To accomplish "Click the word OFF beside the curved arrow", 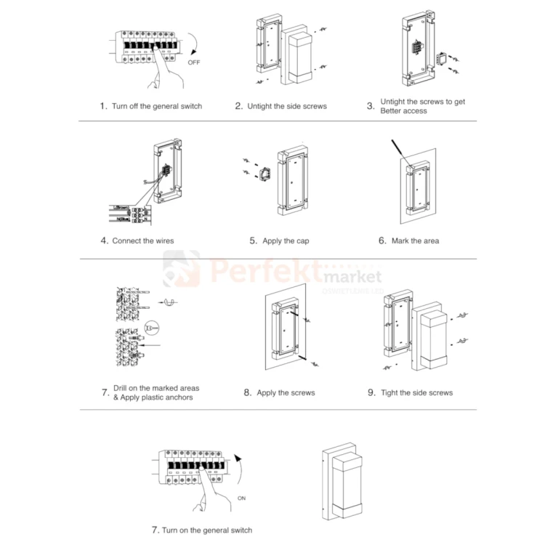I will coord(194,62).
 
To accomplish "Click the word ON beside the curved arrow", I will coord(241,498).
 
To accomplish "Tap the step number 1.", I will coord(103,105).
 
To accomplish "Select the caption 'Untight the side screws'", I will coord(287,106).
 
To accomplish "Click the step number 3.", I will coord(371,106).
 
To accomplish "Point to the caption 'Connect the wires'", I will coord(143,241).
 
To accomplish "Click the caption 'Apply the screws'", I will coord(286,392).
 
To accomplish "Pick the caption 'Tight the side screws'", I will coord(416,392).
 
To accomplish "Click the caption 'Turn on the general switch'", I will coord(207,530).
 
